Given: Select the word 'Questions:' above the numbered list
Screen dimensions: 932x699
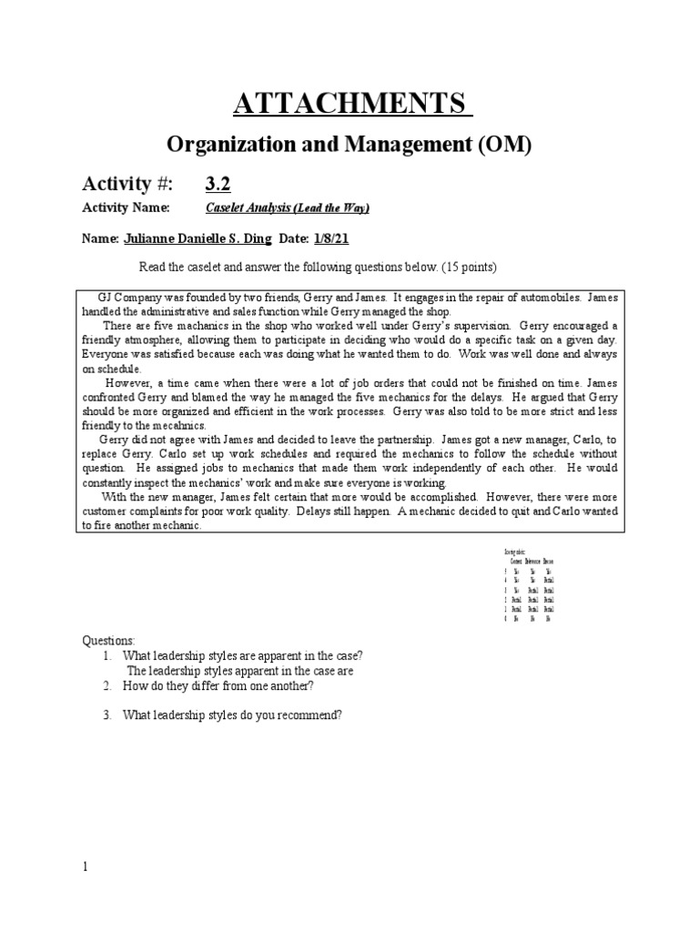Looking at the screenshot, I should point(108,642).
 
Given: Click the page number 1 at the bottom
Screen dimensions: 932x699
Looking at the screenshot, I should point(86,866).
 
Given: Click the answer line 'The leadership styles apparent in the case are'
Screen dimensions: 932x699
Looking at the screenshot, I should point(239,671).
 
